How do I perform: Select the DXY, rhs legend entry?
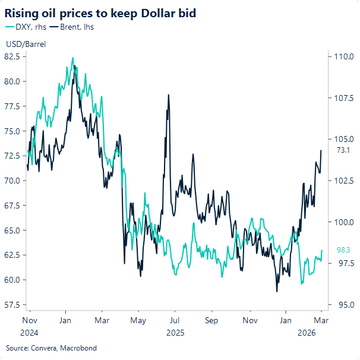click(x=26, y=27)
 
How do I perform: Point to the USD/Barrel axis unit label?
click(x=26, y=44)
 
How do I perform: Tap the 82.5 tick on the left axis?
click(x=12, y=56)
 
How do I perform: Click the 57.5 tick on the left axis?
click(x=12, y=305)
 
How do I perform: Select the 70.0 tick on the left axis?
click(x=12, y=181)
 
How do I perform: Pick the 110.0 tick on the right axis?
click(x=345, y=57)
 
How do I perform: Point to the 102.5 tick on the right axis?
click(x=345, y=181)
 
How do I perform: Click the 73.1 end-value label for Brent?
click(x=343, y=150)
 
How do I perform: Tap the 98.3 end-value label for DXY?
click(x=343, y=250)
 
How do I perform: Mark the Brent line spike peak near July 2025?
click(x=169, y=95)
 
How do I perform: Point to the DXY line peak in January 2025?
click(x=72, y=58)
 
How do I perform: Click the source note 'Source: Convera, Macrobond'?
click(x=51, y=348)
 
